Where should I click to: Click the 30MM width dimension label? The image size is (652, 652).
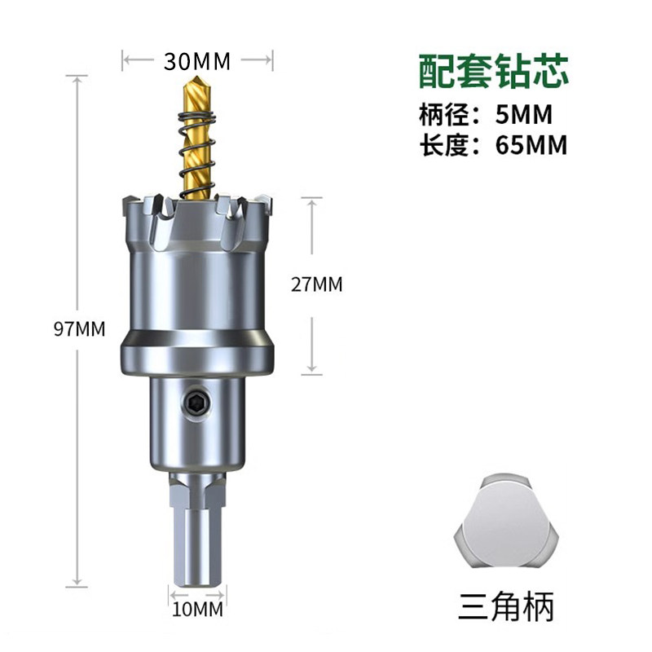point(197,60)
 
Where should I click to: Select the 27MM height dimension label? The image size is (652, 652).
point(317,284)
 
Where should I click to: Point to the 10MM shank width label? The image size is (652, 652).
point(197,608)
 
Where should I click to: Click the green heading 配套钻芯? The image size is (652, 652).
point(494,72)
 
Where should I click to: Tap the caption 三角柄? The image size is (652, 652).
point(506,607)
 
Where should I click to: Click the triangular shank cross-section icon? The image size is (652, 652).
point(506,523)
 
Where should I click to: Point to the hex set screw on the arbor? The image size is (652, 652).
point(196,402)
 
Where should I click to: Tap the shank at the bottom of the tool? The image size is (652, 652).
point(196,538)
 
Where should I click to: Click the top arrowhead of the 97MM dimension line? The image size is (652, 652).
point(78,77)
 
